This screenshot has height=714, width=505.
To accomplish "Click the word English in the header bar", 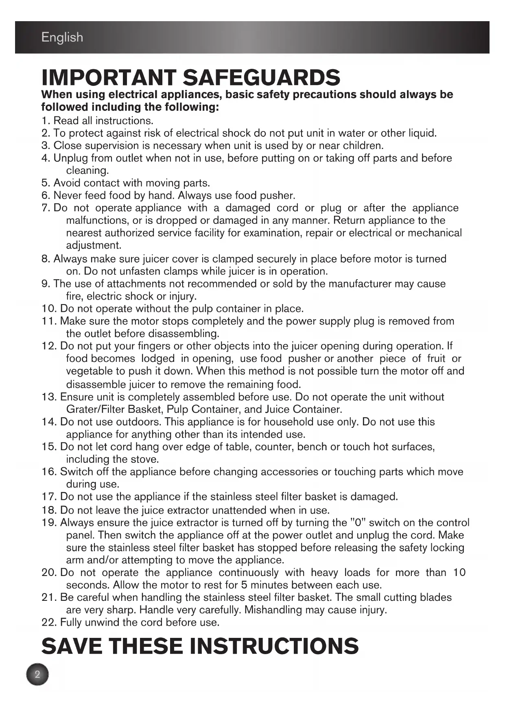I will click(x=62, y=37).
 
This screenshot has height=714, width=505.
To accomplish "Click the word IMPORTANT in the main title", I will click(x=109, y=77).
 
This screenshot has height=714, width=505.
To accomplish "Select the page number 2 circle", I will click(x=37, y=675).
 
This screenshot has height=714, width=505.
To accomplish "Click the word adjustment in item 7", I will click(x=93, y=245).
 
